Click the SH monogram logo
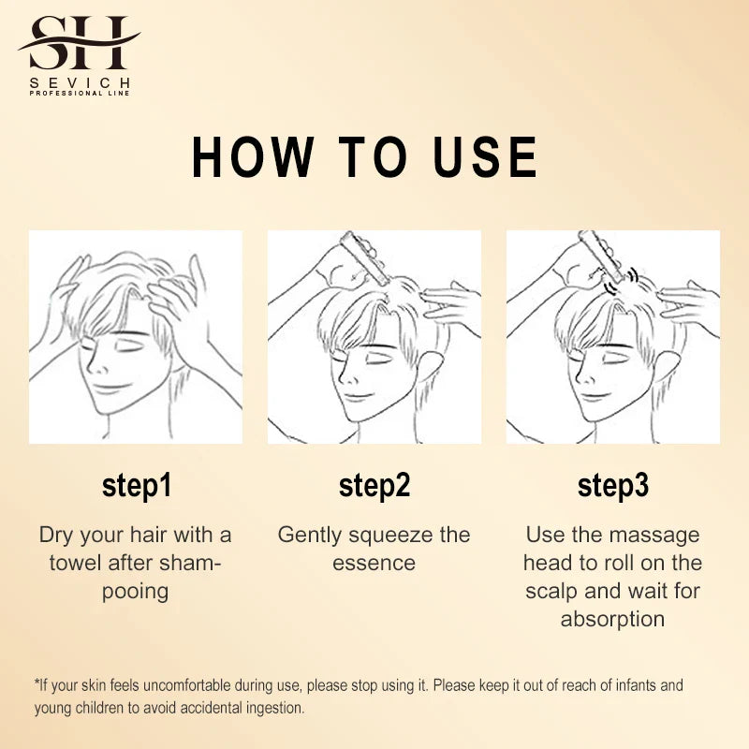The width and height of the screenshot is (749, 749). [x=80, y=42]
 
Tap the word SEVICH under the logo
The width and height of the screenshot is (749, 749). [x=80, y=83]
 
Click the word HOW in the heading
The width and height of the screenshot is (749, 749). [x=253, y=157]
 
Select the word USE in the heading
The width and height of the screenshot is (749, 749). [x=485, y=157]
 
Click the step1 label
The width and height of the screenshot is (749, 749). [x=137, y=486]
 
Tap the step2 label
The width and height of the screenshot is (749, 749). [x=374, y=486]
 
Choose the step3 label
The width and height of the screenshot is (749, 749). [x=613, y=486]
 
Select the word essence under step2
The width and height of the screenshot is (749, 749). [x=374, y=564]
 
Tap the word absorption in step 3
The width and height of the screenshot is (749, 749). [x=613, y=620]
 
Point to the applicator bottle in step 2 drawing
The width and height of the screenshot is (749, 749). [x=365, y=258]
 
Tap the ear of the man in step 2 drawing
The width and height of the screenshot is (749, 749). [x=432, y=369]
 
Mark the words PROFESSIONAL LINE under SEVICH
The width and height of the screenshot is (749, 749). [x=80, y=93]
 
